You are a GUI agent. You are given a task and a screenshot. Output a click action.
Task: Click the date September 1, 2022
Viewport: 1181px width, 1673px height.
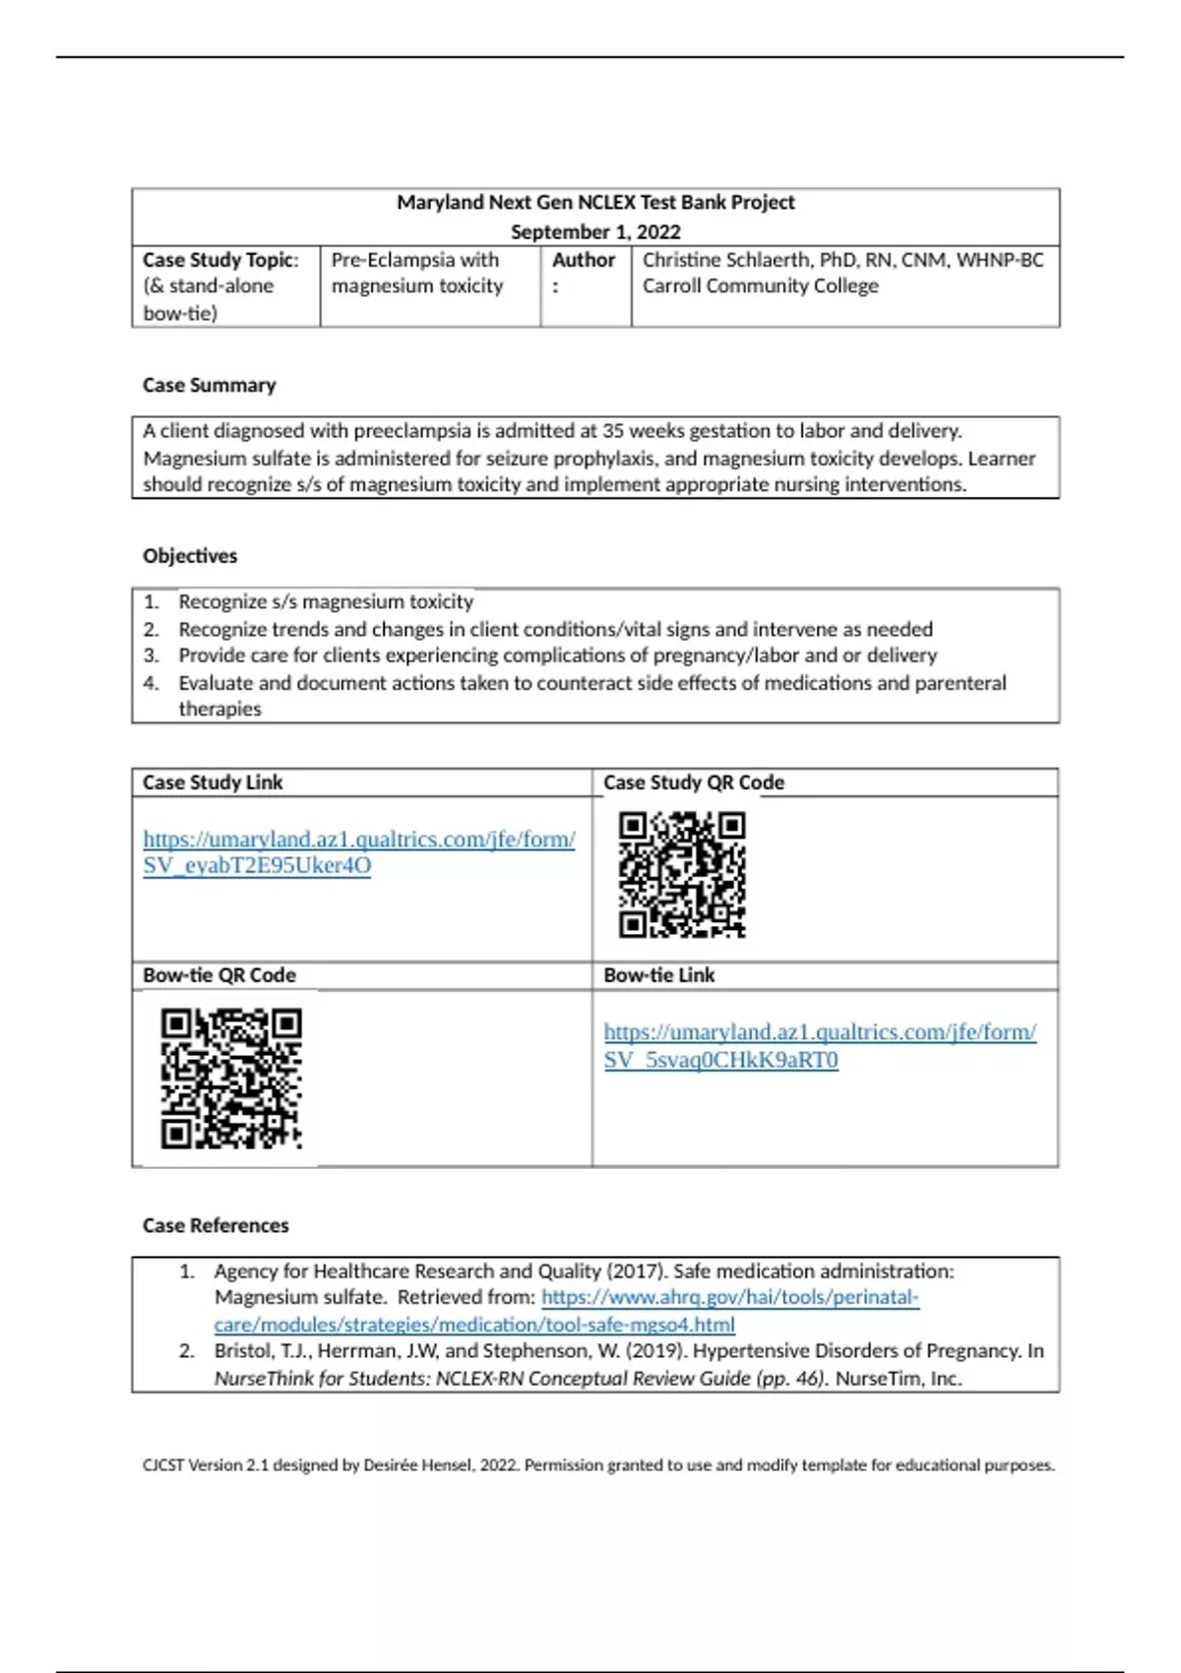click(595, 232)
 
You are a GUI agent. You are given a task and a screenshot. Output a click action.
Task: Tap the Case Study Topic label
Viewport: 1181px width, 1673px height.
click(219, 261)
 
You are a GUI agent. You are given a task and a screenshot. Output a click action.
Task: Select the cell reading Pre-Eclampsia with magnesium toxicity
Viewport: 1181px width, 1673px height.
click(416, 274)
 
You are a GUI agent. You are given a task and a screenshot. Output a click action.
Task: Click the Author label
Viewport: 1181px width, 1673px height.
click(583, 261)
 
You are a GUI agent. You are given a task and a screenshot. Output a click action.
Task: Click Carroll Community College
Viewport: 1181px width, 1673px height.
click(760, 286)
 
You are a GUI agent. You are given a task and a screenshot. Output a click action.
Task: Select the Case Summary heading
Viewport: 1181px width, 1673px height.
click(209, 386)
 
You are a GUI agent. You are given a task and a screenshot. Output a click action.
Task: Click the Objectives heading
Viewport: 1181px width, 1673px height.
click(190, 556)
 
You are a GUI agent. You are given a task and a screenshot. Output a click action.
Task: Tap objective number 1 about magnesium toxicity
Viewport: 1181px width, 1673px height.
click(325, 602)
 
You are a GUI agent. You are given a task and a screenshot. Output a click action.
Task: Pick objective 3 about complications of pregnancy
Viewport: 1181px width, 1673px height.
click(556, 655)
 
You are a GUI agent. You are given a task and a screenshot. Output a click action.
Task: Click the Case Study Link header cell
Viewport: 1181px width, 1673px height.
click(213, 783)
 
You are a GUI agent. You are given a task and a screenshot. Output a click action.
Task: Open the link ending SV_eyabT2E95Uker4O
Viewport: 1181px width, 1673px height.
click(358, 852)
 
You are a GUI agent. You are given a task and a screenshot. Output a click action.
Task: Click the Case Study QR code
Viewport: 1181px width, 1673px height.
click(681, 874)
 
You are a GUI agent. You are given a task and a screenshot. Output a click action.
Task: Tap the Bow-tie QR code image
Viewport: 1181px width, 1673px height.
click(231, 1078)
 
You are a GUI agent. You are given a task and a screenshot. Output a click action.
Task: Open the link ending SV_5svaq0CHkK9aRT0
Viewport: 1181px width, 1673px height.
click(819, 1046)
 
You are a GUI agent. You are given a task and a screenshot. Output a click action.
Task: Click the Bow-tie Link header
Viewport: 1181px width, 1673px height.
click(658, 976)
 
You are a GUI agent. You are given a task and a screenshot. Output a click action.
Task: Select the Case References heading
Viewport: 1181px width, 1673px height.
click(216, 1226)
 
